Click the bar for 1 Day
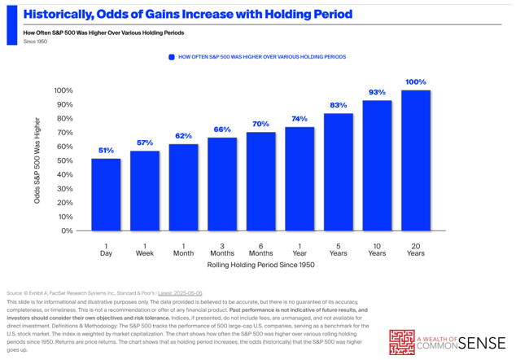coord(106,194)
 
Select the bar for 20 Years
coord(416,160)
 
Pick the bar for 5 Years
coord(339,172)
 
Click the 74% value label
coord(300,119)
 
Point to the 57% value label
coord(145,143)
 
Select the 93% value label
coord(377,92)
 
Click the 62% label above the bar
coord(183,135)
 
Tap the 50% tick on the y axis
coord(64,160)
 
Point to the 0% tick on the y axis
coord(67,230)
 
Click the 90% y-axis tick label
coord(64,104)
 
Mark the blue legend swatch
coord(171,57)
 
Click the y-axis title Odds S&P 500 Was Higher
coord(37,160)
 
